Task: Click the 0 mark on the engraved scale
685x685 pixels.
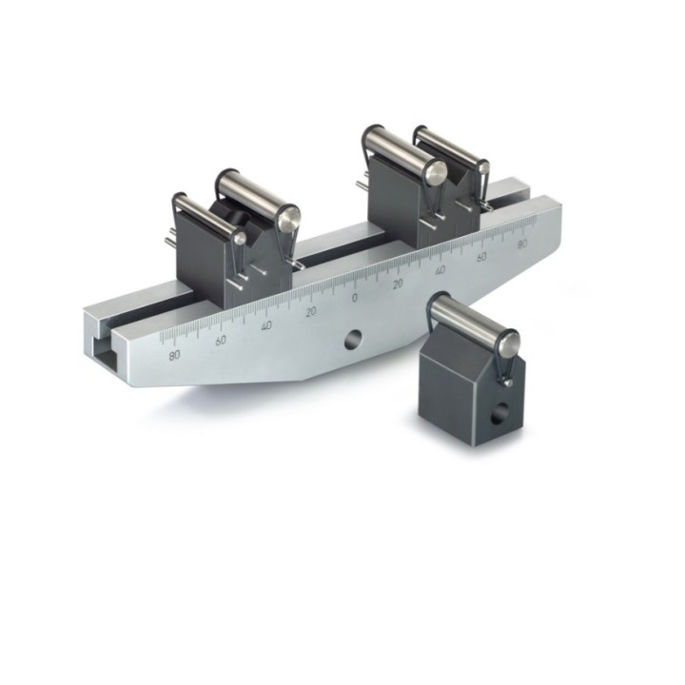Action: pyautogui.click(x=354, y=298)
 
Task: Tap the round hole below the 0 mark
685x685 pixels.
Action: pyautogui.click(x=353, y=340)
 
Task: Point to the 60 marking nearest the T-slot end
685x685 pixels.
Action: pyautogui.click(x=221, y=341)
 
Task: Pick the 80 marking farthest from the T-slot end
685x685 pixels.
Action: pyautogui.click(x=522, y=245)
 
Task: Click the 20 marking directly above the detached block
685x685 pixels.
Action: pyautogui.click(x=398, y=284)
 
